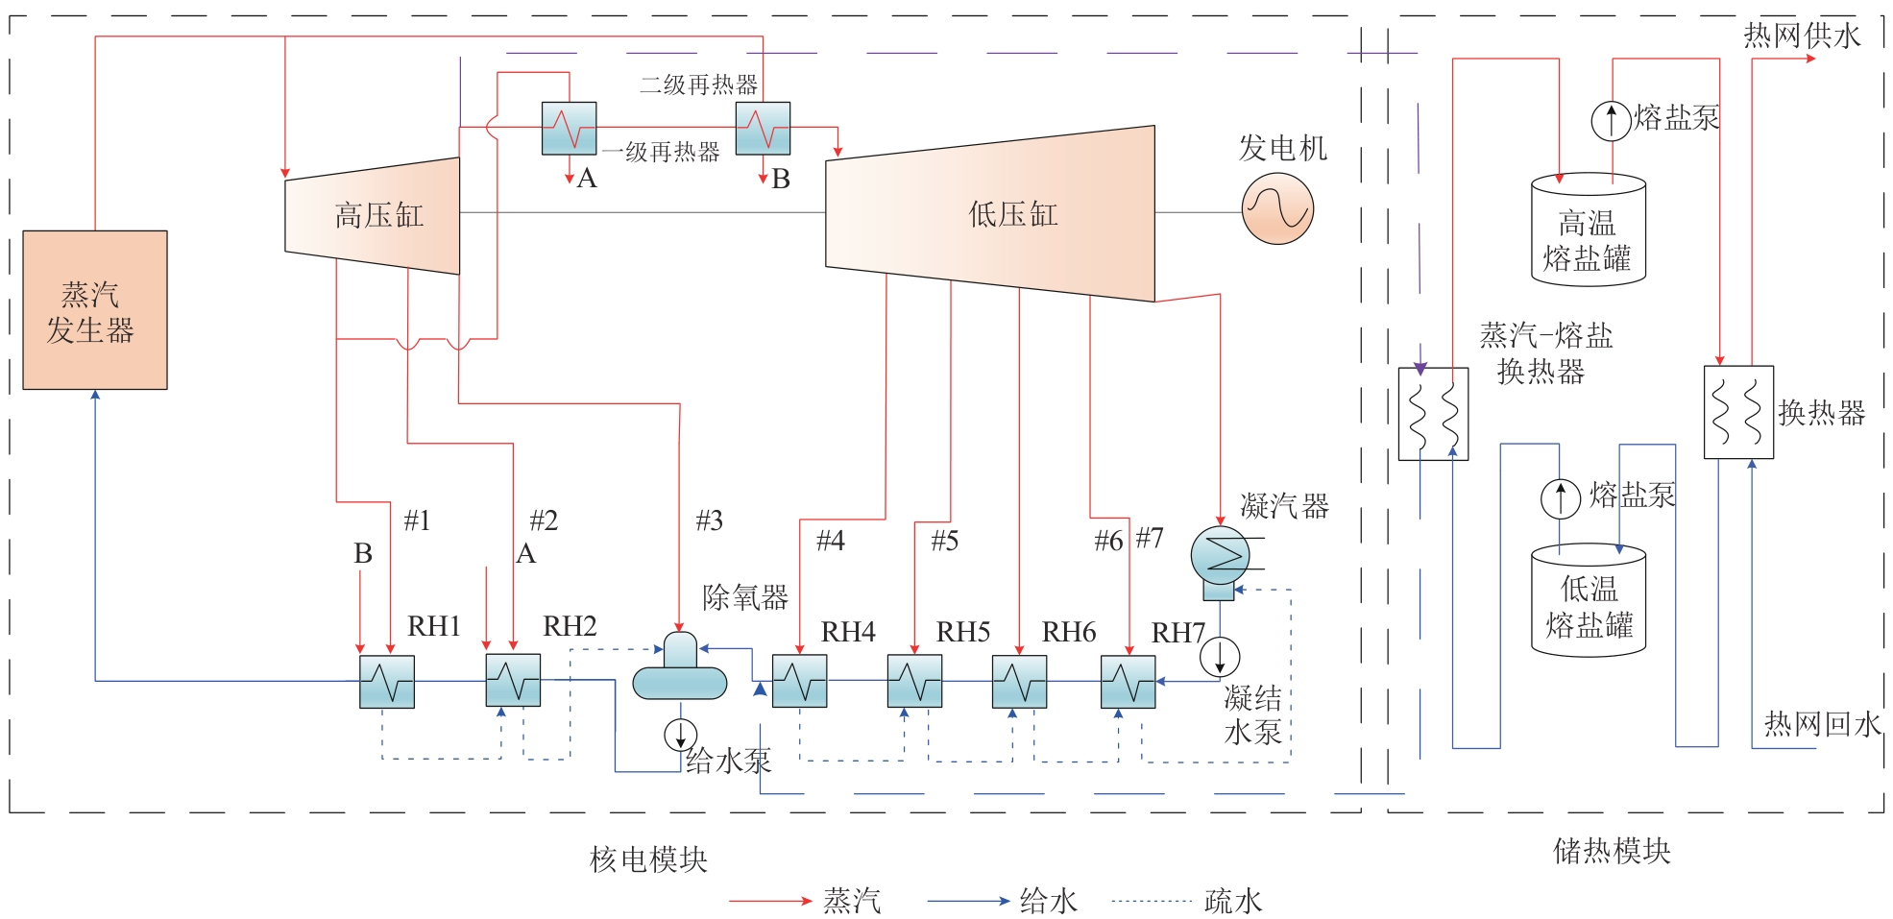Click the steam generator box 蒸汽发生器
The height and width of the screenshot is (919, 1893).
[95, 309]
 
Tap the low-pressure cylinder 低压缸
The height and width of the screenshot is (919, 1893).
[990, 214]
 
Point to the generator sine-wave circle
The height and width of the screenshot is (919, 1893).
[1277, 208]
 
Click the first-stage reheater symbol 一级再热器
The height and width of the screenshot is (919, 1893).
[569, 129]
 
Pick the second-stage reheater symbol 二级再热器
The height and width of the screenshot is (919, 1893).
[763, 129]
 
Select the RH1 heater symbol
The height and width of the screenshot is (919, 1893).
[387, 682]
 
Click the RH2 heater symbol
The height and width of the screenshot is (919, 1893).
[513, 681]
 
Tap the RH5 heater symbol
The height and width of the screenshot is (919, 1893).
[914, 682]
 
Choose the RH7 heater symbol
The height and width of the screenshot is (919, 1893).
[1129, 682]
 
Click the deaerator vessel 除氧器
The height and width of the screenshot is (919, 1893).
[680, 666]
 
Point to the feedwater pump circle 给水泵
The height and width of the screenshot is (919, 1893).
[680, 735]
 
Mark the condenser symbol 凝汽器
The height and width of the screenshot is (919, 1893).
[1220, 557]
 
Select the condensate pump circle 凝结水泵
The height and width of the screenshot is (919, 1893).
[1220, 658]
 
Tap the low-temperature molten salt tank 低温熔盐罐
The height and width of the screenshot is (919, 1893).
[1589, 603]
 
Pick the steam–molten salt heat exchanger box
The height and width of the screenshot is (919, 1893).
[1433, 414]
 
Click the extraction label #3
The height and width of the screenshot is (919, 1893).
[709, 520]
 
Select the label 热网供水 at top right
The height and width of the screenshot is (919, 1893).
[1802, 36]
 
